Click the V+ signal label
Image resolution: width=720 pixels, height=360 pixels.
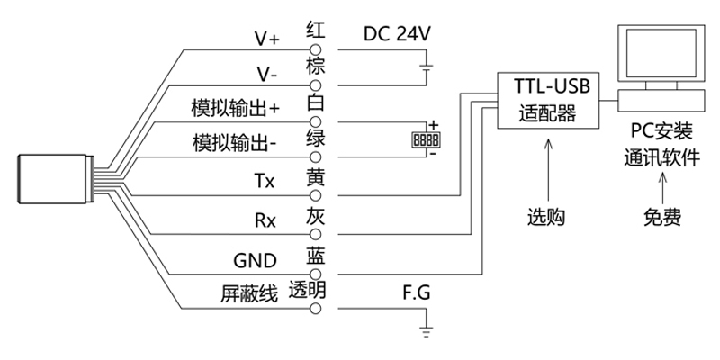tap(267, 40)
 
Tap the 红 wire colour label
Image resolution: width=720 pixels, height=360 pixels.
tap(315, 28)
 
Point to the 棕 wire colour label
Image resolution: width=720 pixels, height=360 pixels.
tap(315, 66)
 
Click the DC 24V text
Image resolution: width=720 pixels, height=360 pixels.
tap(397, 32)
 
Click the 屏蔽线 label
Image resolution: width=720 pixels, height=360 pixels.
tap(245, 293)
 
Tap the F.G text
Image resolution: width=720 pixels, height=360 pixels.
tap(418, 293)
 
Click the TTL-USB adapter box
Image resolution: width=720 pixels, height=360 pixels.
tap(548, 101)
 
